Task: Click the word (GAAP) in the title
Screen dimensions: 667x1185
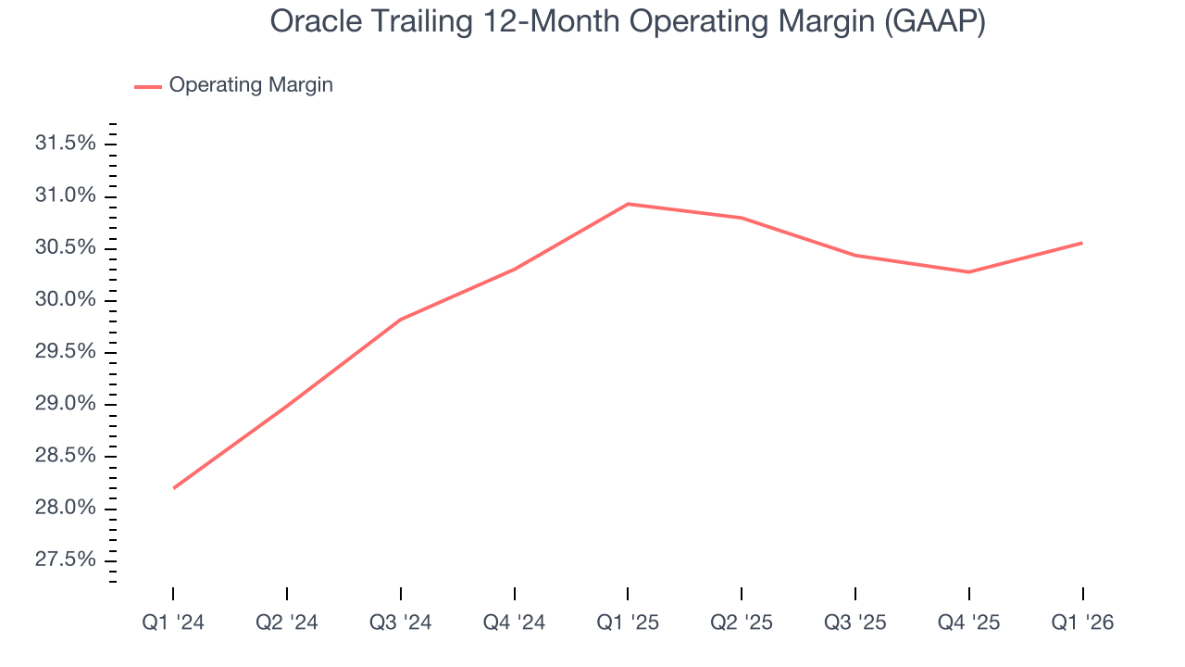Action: click(x=934, y=21)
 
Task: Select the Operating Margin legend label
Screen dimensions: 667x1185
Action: click(x=250, y=85)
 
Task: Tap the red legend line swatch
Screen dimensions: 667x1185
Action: click(x=148, y=86)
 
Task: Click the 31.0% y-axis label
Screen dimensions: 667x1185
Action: click(x=65, y=195)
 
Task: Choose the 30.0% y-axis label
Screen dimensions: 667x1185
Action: click(x=65, y=300)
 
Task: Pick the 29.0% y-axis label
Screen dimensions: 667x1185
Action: click(x=65, y=404)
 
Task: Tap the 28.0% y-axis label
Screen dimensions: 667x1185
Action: click(x=65, y=508)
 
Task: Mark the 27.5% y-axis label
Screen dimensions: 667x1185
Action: click(x=65, y=560)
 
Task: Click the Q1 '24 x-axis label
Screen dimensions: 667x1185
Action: click(x=173, y=623)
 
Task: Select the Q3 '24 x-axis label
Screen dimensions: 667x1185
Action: click(x=401, y=623)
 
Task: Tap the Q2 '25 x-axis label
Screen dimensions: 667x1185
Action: click(x=742, y=623)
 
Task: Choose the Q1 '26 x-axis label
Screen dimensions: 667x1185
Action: click(x=1082, y=623)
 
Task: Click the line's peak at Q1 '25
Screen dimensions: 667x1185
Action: click(x=628, y=204)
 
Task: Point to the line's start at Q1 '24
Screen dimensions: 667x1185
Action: click(x=174, y=487)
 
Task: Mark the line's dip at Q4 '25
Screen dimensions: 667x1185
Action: click(x=968, y=271)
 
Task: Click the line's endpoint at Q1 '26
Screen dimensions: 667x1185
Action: click(x=1081, y=243)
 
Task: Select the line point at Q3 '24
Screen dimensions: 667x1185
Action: click(x=401, y=320)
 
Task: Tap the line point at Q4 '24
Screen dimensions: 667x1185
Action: click(x=514, y=270)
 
